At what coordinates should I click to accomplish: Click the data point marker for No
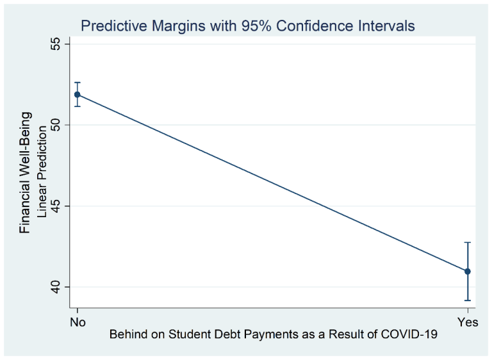click(x=78, y=94)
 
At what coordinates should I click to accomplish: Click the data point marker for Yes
click(x=468, y=271)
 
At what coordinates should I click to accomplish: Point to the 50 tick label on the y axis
click(x=56, y=125)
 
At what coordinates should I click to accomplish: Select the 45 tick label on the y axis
click(x=56, y=206)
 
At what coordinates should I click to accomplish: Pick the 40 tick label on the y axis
click(x=56, y=287)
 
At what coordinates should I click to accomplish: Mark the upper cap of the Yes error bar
click(x=468, y=243)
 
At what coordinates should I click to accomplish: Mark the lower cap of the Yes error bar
click(x=468, y=300)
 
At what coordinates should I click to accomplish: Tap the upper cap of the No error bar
click(x=78, y=83)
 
